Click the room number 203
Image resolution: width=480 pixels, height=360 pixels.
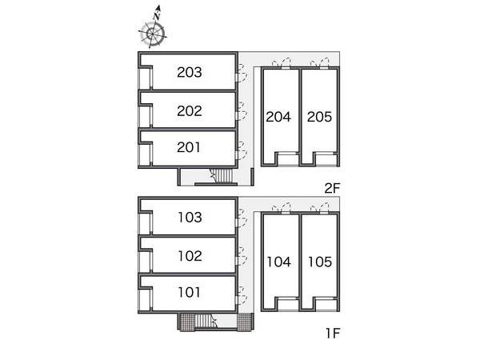coord(190,72)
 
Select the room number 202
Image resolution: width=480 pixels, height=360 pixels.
coord(190,111)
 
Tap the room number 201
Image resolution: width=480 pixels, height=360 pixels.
coord(189,147)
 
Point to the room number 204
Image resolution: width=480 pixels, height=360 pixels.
coord(278,117)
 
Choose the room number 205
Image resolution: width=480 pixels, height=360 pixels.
coord(319,117)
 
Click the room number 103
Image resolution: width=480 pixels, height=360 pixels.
coord(190,218)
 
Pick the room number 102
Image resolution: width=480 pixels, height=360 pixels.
coord(190,256)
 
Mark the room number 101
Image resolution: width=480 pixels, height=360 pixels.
coord(190,292)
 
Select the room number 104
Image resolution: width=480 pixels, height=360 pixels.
coord(279,262)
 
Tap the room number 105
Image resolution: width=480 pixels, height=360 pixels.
coord(320,262)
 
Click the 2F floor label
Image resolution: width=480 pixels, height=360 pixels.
coord(333,188)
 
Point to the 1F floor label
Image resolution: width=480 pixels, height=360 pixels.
coord(333,333)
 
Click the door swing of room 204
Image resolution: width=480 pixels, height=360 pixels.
coord(282,62)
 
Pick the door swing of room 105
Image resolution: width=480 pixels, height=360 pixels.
coord(320,207)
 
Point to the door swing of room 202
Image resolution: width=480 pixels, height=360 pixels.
coord(242,111)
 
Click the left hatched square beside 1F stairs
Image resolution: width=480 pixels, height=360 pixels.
coord(186,322)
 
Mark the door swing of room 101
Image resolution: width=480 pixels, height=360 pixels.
coord(242,296)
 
